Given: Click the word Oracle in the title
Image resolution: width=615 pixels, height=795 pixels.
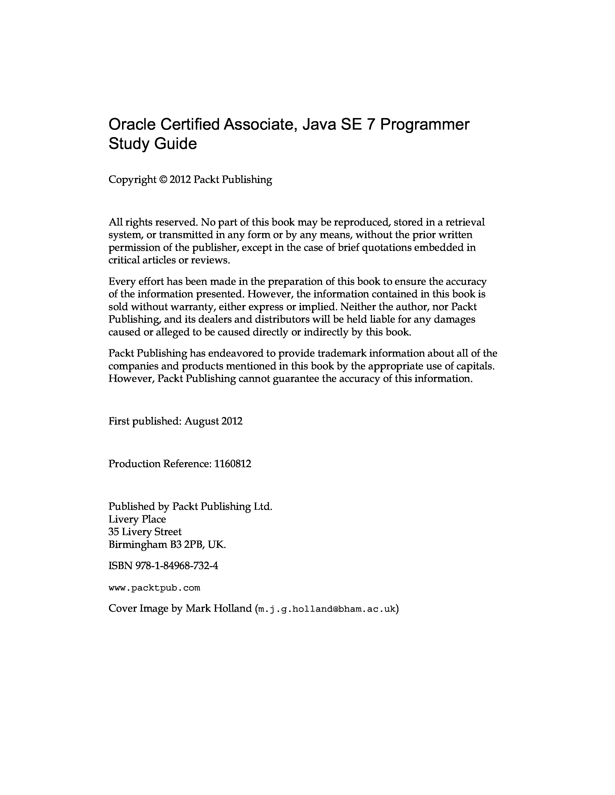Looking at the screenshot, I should [131, 125].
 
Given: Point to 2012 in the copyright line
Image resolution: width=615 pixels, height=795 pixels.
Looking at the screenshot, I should [180, 180].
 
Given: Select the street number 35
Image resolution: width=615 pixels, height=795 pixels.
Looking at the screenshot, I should [114, 532].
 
